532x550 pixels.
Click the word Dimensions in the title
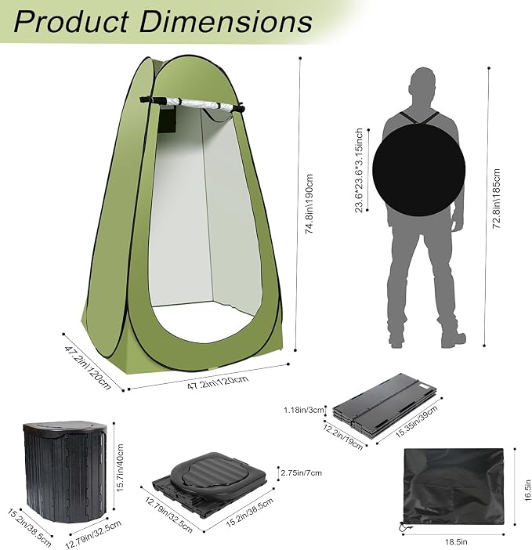[226, 21]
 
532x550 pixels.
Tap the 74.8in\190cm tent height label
[309, 204]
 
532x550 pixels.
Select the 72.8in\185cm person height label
[496, 198]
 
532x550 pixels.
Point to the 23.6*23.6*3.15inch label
[359, 171]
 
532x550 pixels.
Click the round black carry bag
[418, 170]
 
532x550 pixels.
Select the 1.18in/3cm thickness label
[304, 410]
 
